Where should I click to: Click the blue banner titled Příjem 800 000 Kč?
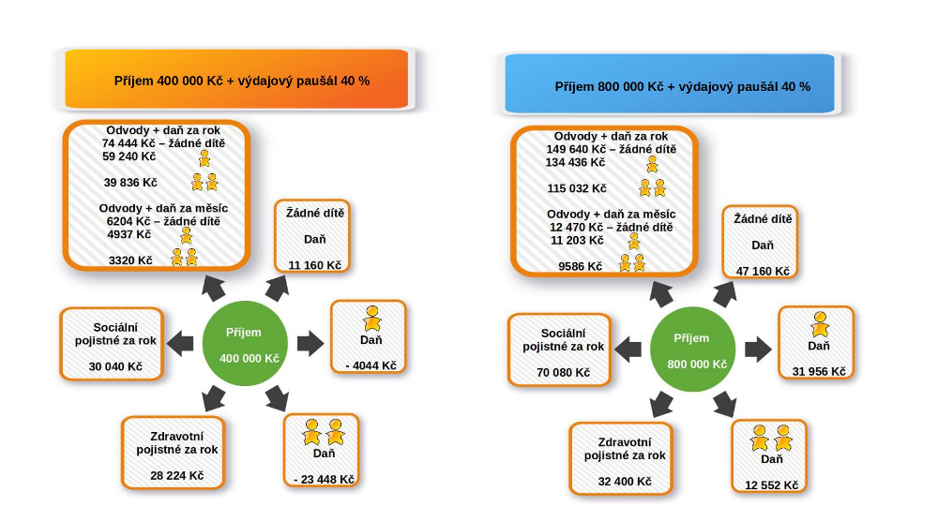(669, 85)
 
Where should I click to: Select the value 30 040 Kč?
(115, 366)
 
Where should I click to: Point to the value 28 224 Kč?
(176, 475)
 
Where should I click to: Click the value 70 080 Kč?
(563, 372)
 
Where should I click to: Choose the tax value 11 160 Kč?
(314, 265)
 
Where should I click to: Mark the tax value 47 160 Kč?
(763, 271)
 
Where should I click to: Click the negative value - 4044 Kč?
(370, 365)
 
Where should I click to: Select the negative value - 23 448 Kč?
(324, 480)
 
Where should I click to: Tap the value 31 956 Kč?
(819, 371)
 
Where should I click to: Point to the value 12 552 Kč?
(771, 484)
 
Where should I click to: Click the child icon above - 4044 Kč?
(372, 319)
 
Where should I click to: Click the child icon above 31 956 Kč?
(820, 324)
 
